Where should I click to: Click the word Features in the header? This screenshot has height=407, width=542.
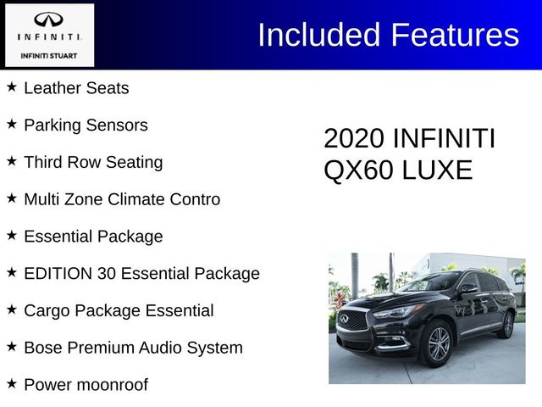pos(455,35)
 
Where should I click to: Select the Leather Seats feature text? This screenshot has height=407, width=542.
pos(76,87)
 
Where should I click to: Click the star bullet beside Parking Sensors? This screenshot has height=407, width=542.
pos(12,124)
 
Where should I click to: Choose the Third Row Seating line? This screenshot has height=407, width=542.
pos(93,162)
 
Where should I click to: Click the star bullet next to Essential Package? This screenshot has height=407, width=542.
pos(12,236)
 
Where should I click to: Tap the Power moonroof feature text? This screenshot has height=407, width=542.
pos(86,385)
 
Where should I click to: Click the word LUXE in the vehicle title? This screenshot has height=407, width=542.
pos(439,170)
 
